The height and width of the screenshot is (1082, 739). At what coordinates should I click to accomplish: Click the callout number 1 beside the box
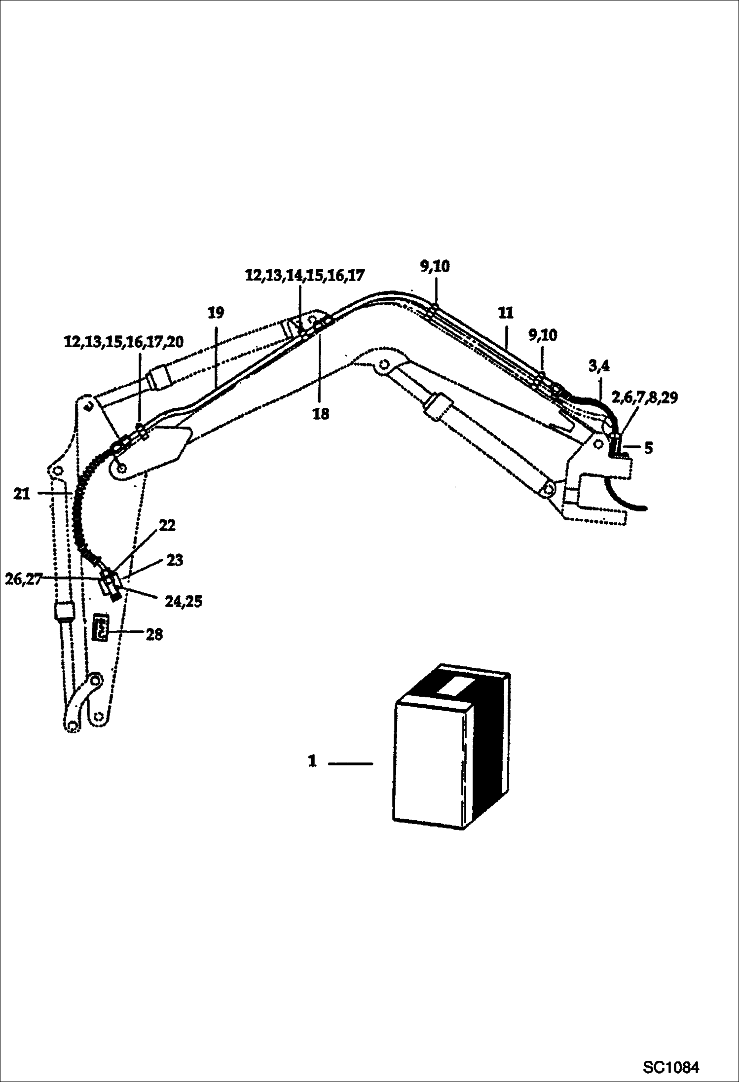(x=312, y=761)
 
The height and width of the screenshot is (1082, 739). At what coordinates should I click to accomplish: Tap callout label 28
(x=154, y=634)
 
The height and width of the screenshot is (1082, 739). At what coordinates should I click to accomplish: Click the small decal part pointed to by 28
(x=101, y=627)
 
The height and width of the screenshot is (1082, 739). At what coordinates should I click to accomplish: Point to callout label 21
(x=22, y=494)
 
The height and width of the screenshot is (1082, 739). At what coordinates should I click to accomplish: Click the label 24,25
(x=183, y=602)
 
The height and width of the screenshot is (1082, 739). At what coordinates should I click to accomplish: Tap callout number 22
(x=167, y=526)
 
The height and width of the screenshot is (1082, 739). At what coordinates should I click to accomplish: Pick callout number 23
(x=174, y=561)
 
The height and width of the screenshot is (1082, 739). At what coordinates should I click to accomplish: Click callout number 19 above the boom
(x=216, y=313)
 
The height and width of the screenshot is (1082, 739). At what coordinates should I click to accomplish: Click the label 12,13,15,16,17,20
(x=124, y=342)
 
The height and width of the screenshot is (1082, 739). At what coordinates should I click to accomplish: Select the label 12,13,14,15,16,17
(x=305, y=276)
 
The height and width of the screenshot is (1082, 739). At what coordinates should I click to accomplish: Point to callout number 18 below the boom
(x=321, y=414)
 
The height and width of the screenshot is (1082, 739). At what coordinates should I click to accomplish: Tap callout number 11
(x=506, y=313)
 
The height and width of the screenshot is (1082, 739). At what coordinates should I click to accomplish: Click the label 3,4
(x=599, y=366)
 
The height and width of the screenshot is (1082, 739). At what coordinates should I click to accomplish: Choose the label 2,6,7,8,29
(x=644, y=397)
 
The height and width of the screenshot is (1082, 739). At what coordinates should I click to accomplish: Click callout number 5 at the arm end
(x=648, y=448)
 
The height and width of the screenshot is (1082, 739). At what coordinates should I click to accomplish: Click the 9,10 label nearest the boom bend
(x=435, y=266)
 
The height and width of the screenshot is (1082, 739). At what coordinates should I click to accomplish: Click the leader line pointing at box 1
(x=350, y=763)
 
